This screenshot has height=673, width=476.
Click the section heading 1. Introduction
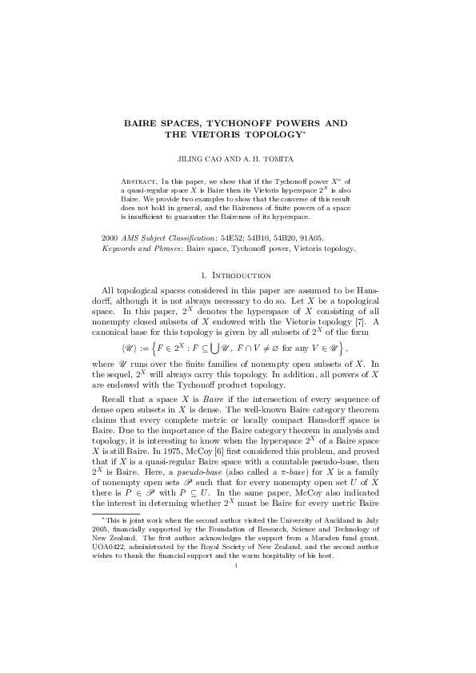coord(238,277)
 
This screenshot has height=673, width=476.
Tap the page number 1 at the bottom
coord(238,655)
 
